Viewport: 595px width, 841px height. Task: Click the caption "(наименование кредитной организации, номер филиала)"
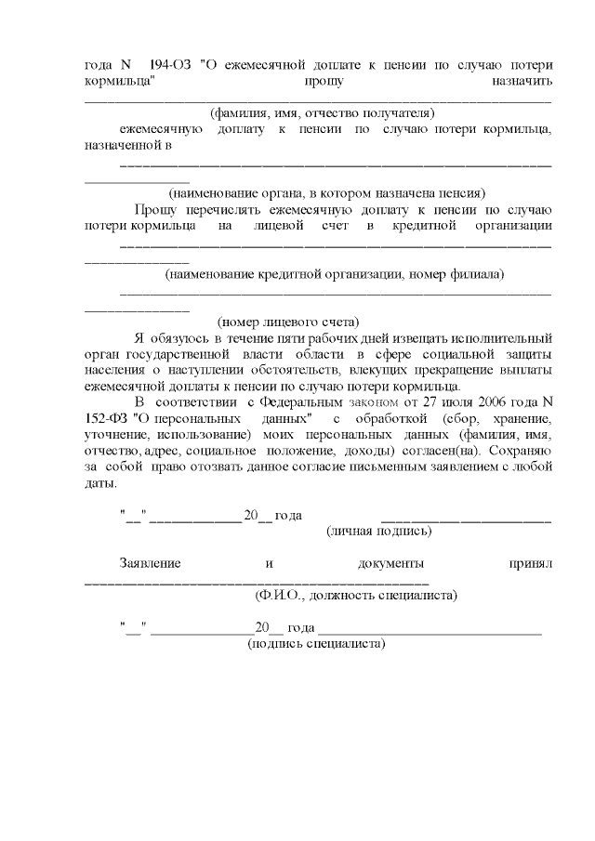coord(334,274)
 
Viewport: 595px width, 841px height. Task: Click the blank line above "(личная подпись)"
coord(467,518)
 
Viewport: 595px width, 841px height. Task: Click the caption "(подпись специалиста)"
coord(316,643)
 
